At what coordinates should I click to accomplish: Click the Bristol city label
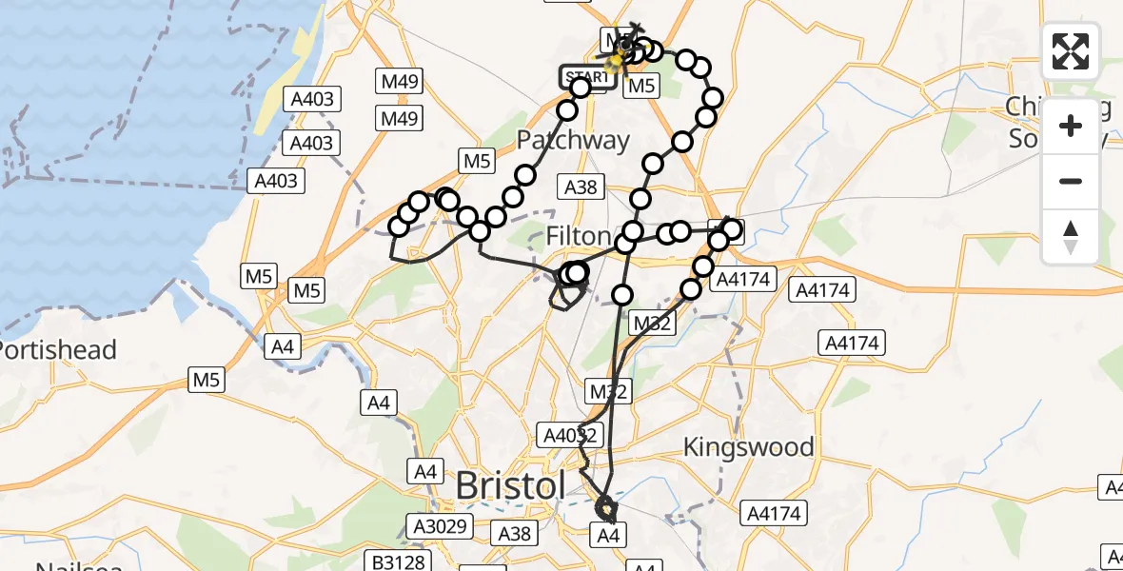pos(510,485)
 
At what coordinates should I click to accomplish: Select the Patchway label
pos(573,141)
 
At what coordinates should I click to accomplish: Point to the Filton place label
pos(578,236)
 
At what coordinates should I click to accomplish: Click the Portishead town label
pos(59,350)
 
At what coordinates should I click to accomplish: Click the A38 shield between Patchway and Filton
pos(581,187)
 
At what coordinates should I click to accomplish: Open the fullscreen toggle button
pos(1071,51)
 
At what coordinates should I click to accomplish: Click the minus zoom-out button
pos(1071,181)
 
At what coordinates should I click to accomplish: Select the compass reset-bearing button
pos(1071,236)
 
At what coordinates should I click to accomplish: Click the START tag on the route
pos(584,76)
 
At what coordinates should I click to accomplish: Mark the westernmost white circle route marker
pos(400,226)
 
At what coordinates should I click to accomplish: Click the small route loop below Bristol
pos(605,511)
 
